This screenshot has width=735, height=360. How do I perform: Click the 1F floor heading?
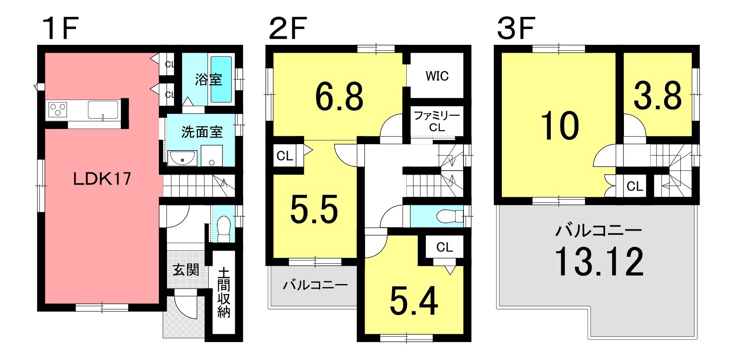pos(60,29)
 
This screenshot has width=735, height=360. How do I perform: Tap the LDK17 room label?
pos(102,178)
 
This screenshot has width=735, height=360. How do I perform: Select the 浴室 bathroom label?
pos(209,79)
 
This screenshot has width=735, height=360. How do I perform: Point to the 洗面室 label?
pos(202,132)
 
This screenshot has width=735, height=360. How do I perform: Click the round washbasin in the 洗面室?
pos(182,158)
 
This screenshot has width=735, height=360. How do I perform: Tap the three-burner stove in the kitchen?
pos(58,110)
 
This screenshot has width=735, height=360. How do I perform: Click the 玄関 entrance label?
pos(186,270)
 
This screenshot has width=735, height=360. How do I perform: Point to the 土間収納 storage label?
pos(224,292)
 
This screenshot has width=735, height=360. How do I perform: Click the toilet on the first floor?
pos(224,229)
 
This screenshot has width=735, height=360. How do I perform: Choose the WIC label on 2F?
pos(437,76)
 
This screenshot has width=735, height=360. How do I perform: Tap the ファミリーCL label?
pos(437,121)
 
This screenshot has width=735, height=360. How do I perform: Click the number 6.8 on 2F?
pos(339,97)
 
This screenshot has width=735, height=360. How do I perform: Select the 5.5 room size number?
pos(314,209)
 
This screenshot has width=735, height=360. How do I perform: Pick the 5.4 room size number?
pos(414,301)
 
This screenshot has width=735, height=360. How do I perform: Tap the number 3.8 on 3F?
pos(658,96)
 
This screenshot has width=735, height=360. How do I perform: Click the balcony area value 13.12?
pos(599,262)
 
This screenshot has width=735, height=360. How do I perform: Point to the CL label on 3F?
pos(635,187)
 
